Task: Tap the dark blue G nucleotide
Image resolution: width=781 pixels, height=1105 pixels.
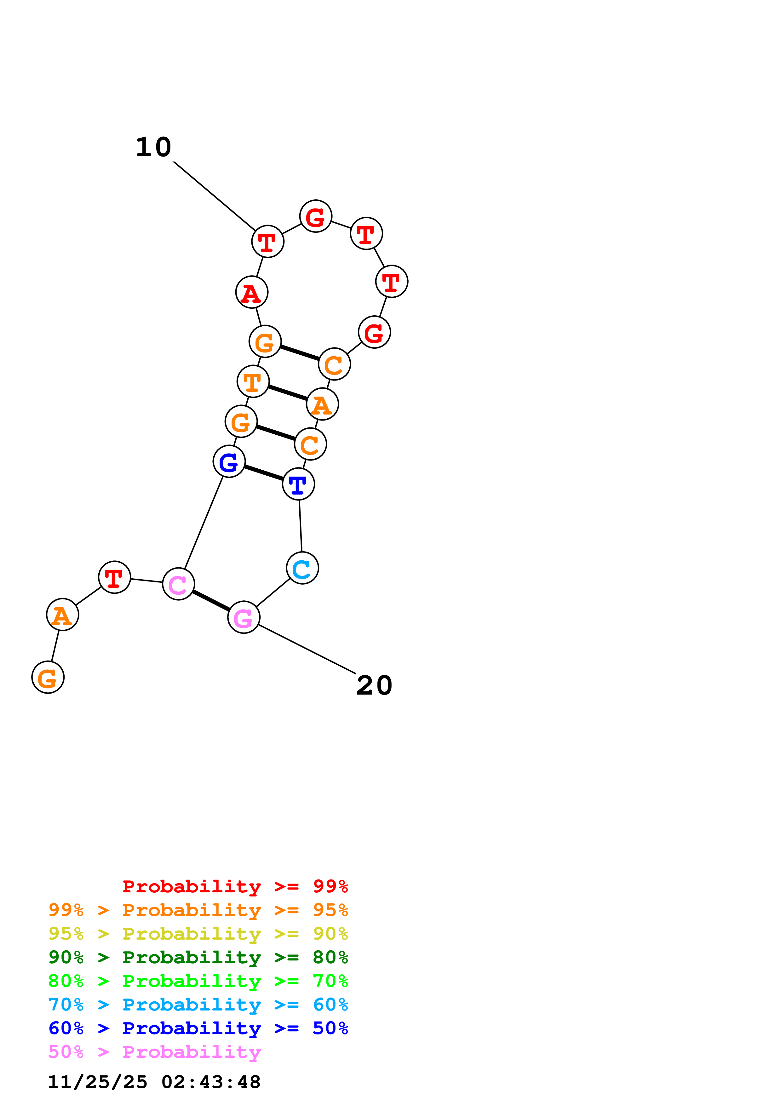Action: coord(229,461)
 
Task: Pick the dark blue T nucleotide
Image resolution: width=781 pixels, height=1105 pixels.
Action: coord(298,484)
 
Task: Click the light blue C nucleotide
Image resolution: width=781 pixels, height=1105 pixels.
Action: coord(302,568)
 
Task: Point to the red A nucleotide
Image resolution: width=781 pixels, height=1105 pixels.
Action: coord(252,292)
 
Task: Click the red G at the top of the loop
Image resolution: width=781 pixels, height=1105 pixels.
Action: coord(316,216)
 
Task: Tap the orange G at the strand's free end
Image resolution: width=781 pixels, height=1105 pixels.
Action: coord(48,677)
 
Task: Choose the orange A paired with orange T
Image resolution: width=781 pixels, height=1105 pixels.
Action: coord(322,404)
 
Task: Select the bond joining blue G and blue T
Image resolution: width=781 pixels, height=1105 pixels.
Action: coord(264,472)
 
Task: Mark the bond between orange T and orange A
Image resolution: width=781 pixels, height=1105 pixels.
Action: coord(288,393)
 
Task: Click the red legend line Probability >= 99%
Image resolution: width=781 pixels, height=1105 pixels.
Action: coord(235,886)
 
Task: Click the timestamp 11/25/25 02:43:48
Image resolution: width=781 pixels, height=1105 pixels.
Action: coord(154,1082)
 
